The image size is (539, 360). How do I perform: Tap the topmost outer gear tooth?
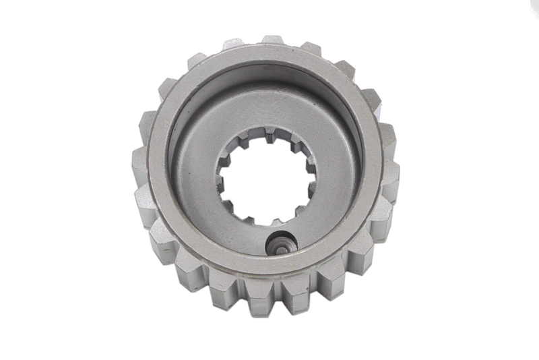[273, 40]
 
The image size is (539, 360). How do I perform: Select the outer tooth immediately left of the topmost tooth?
[234, 44]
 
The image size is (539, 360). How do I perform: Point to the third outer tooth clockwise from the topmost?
[371, 98]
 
